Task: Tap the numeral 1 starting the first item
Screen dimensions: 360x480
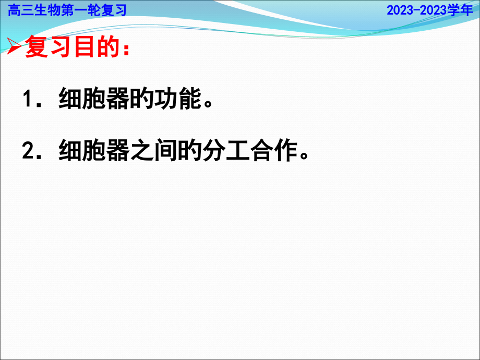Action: click(29, 100)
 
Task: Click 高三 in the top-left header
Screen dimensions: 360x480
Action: click(18, 10)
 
